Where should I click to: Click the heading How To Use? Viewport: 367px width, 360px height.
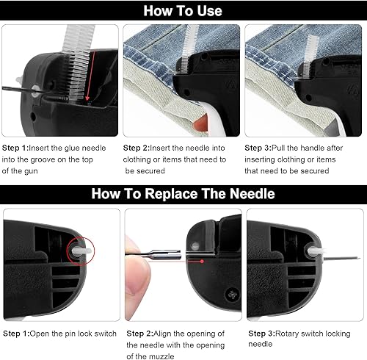[x=183, y=11]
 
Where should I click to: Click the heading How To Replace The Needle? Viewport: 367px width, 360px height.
[x=183, y=193]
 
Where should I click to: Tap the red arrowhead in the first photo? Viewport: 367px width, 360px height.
[x=87, y=98]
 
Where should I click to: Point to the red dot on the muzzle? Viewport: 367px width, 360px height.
[x=202, y=262]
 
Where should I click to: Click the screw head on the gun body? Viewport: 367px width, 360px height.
[x=232, y=294]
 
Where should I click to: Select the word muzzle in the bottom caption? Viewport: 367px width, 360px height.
[x=161, y=356]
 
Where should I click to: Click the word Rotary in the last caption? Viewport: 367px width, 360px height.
[x=287, y=334]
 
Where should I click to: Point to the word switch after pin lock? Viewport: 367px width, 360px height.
[x=105, y=334]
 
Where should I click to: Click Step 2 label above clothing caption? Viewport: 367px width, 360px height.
[x=136, y=148]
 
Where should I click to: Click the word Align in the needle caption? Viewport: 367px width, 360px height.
[x=162, y=334]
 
